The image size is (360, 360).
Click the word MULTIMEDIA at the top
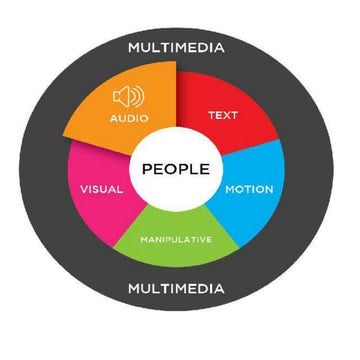point(175,47)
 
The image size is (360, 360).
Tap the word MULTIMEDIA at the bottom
point(175,289)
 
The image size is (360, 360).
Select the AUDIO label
point(129,118)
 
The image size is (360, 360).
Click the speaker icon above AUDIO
point(129,97)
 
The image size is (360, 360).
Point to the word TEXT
point(222,115)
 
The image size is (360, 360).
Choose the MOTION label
point(249,189)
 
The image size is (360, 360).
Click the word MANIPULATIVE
point(176,239)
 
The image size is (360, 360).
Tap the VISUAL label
point(100,188)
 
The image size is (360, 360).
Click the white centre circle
point(176,185)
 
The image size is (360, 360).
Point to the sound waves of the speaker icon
point(138,97)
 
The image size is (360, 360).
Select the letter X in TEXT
point(224,115)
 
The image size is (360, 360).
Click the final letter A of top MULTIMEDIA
point(219,47)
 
